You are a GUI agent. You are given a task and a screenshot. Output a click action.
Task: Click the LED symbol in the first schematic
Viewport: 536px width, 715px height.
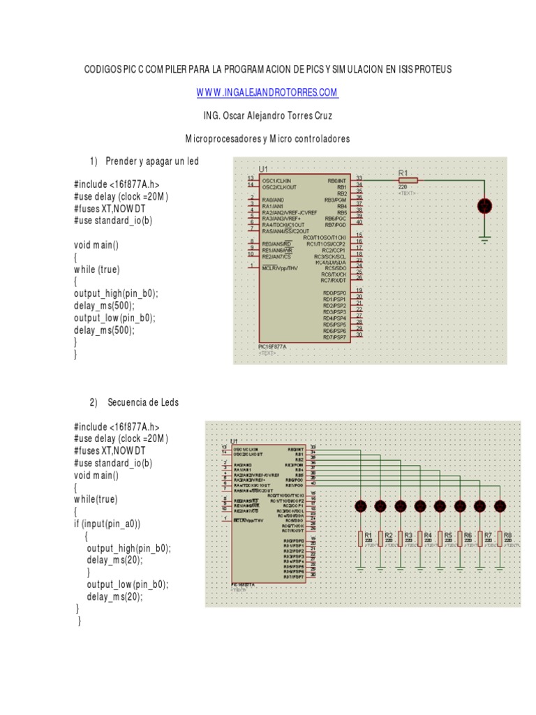point(483,206)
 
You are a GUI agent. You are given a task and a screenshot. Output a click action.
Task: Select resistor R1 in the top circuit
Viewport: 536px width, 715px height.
point(408,179)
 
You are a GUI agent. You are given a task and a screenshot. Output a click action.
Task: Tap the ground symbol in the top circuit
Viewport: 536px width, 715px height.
point(483,239)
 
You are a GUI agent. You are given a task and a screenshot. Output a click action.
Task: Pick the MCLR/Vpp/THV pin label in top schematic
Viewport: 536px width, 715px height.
point(281,268)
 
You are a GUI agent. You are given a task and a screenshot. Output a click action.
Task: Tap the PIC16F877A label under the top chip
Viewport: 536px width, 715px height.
point(272,346)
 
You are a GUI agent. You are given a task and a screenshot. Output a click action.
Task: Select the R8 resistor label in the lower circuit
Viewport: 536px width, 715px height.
point(507,536)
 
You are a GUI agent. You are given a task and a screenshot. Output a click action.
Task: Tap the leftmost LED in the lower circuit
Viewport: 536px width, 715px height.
point(361,506)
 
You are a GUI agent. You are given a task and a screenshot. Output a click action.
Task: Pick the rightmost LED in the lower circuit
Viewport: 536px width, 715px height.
point(500,506)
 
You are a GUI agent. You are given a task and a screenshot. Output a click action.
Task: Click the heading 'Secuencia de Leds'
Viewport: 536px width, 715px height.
point(143,403)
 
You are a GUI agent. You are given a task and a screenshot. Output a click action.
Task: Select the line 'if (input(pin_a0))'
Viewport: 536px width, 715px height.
point(107,524)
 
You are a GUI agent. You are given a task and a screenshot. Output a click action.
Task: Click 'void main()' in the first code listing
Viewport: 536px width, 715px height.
point(96,245)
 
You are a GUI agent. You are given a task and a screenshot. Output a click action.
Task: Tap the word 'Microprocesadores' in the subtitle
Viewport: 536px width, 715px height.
point(222,139)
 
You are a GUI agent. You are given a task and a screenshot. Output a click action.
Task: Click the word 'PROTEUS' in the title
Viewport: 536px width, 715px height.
point(434,69)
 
